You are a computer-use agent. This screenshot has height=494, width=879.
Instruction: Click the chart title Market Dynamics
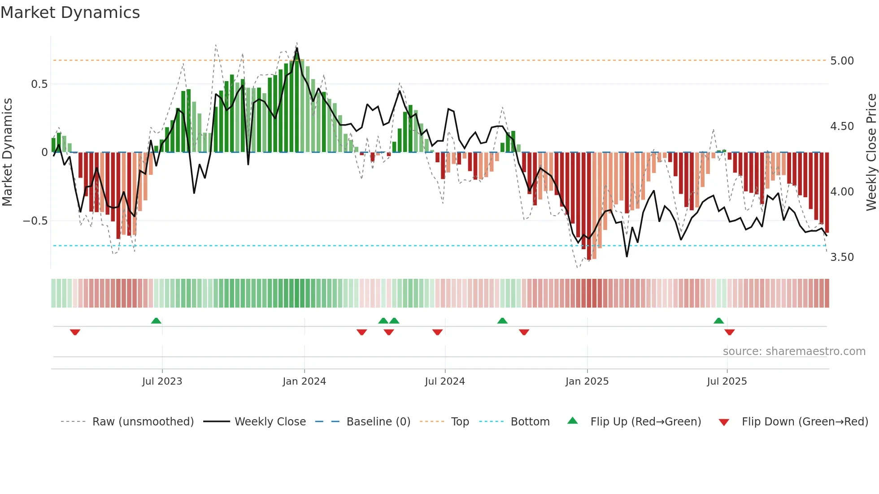click(70, 13)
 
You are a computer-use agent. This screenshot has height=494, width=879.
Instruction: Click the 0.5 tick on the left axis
click(39, 84)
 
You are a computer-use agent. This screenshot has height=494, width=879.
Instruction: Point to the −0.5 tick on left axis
click(35, 221)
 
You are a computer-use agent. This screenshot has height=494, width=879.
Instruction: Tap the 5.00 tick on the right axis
click(842, 61)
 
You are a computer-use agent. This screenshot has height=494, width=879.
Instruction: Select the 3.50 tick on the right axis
click(842, 257)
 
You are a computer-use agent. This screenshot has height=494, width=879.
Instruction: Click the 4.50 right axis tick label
click(842, 126)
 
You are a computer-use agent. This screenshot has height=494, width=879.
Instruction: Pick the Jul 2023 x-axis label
click(162, 381)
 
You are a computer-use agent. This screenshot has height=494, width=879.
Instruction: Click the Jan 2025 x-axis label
click(587, 381)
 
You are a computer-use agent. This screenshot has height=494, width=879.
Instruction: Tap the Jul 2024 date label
click(444, 381)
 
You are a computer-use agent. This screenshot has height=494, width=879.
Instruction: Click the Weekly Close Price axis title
click(871, 152)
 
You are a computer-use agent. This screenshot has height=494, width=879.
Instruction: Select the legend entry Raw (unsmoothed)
click(143, 422)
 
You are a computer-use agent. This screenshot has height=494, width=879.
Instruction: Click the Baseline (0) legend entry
click(378, 422)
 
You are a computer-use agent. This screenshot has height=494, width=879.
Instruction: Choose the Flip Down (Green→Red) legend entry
click(805, 422)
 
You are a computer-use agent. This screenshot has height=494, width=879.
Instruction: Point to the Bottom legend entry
click(530, 422)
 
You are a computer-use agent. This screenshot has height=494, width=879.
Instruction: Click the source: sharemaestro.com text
click(794, 351)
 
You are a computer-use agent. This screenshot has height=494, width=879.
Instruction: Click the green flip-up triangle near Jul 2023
click(156, 321)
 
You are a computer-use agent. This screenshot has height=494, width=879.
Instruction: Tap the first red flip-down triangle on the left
click(75, 332)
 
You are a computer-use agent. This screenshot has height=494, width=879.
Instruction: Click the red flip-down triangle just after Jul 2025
click(729, 332)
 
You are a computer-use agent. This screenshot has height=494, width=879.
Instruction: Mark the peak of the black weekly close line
click(297, 48)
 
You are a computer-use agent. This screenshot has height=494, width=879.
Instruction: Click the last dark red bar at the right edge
click(827, 193)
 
